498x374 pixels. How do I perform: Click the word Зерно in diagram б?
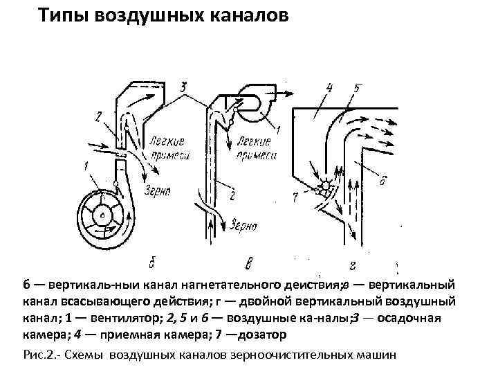(159, 188)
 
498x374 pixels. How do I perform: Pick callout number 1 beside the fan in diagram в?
(277, 130)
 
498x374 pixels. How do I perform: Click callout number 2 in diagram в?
(232, 196)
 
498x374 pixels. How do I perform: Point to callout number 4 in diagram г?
(329, 87)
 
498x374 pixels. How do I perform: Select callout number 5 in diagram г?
(357, 88)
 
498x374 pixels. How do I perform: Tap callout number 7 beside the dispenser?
(295, 197)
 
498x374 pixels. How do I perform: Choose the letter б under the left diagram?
(151, 262)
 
